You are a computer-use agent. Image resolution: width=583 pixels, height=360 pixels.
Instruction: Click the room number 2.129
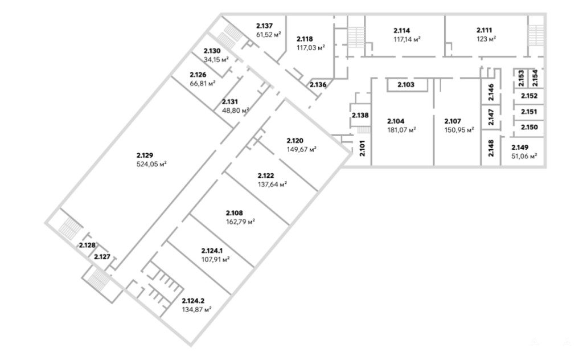coord(145,156)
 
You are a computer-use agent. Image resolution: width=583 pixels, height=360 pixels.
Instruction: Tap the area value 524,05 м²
coord(151,164)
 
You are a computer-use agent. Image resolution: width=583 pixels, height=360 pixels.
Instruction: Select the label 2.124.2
coord(193,301)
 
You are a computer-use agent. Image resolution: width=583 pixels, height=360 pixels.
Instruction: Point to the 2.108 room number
coord(234,213)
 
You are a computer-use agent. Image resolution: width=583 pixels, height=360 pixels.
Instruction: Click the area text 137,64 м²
coord(272,184)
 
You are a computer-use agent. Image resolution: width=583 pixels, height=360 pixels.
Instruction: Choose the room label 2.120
coord(295,141)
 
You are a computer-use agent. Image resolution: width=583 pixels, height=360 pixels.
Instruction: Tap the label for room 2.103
coord(405,85)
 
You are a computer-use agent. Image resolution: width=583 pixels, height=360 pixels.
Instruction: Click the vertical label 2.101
coord(363,148)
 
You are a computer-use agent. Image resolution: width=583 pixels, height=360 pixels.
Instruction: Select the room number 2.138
coord(360,115)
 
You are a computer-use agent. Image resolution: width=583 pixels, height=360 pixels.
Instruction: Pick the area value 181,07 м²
coord(401,130)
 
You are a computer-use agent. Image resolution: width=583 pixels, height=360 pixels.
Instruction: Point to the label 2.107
coord(453,121)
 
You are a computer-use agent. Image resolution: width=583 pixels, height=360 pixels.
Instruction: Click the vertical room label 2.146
coord(491,92)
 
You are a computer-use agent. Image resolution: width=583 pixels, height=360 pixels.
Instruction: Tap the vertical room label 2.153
coord(521,78)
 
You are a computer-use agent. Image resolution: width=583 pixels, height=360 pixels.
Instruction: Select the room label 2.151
coord(529,112)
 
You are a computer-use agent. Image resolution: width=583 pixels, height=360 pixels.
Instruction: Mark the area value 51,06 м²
coord(524,156)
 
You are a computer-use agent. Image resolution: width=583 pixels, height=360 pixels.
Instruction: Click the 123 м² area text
coord(486,39)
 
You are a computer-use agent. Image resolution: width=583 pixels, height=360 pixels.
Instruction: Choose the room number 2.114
coord(401,31)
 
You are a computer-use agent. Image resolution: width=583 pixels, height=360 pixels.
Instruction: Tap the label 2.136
coord(318,84)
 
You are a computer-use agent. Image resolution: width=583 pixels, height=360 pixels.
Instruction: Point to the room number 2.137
coord(264,26)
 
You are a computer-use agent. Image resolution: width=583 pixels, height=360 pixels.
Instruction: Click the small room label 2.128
coord(87,245)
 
